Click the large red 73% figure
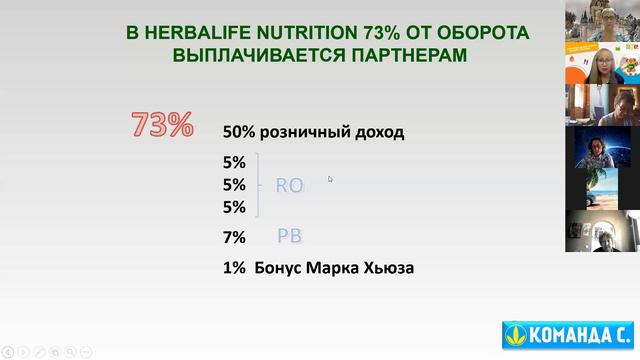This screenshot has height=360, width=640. pyautogui.click(x=162, y=125)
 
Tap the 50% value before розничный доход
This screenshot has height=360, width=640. pyautogui.click(x=239, y=131)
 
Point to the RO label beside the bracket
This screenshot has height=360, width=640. pyautogui.click(x=288, y=185)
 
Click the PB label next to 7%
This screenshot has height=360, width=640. pyautogui.click(x=289, y=236)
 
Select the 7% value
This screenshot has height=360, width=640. pyautogui.click(x=234, y=238)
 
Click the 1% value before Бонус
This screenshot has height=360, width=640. pyautogui.click(x=234, y=267)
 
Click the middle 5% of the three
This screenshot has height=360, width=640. pyautogui.click(x=234, y=185)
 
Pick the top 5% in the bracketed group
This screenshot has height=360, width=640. pyautogui.click(x=234, y=162)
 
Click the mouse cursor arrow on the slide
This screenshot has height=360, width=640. pyautogui.click(x=330, y=179)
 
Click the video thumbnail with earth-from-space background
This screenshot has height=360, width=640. pyautogui.click(x=602, y=147)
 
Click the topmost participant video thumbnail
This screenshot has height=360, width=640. pyautogui.click(x=602, y=22)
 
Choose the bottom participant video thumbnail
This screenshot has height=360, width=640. pyautogui.click(x=602, y=232)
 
